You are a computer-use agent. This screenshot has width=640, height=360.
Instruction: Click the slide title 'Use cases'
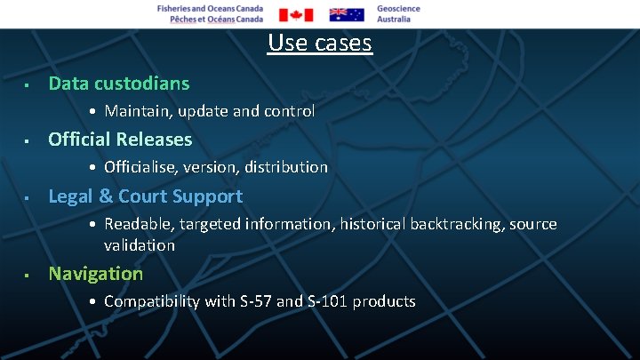click(x=319, y=42)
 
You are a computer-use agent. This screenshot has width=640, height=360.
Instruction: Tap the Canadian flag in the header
click(x=296, y=14)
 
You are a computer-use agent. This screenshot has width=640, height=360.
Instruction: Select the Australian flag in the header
click(x=347, y=14)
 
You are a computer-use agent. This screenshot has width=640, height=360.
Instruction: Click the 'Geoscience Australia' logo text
click(x=398, y=13)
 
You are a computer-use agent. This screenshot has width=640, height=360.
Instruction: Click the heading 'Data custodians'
click(x=118, y=84)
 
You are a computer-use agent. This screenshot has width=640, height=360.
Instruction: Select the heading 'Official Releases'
click(x=120, y=140)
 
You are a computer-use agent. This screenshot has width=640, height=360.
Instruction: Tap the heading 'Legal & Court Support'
click(x=145, y=196)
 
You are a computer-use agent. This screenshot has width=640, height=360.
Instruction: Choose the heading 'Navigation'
click(x=95, y=274)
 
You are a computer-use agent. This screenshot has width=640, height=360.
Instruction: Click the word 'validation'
click(x=140, y=244)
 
